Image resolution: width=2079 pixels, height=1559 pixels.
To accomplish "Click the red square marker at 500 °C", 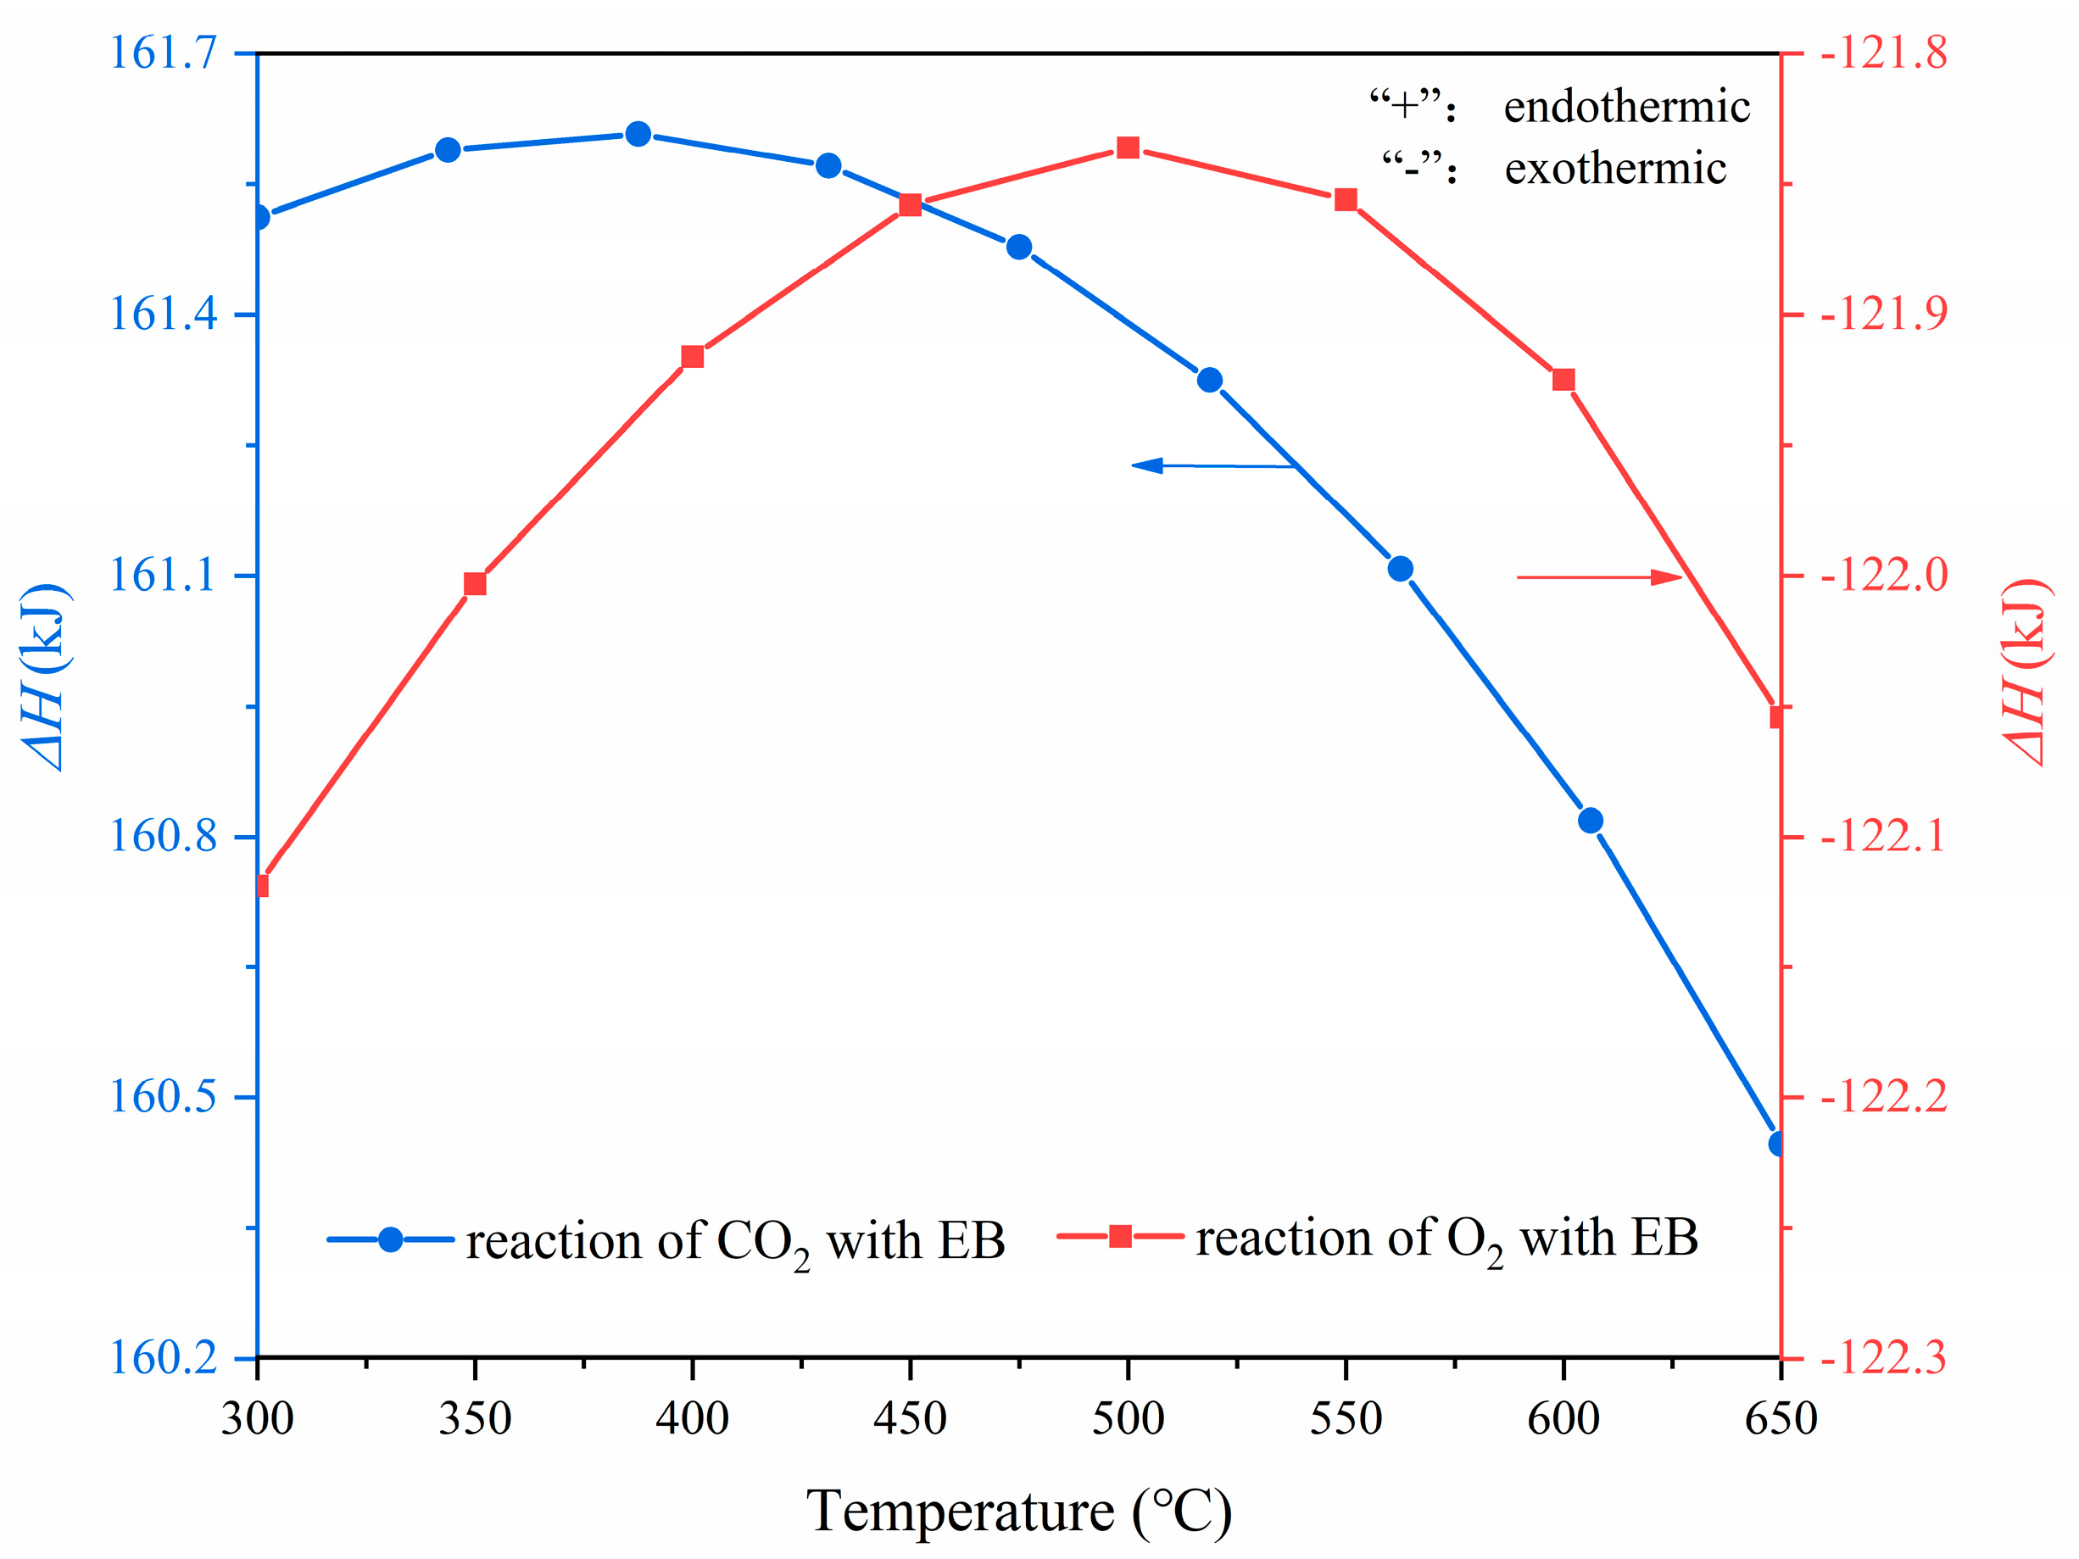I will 1128,148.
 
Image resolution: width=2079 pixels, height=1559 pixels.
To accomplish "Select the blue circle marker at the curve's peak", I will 638,135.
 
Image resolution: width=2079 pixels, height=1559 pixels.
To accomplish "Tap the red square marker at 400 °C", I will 693,357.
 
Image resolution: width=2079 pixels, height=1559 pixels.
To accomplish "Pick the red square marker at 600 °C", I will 1563,380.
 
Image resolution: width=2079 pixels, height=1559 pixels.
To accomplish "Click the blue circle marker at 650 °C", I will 1776,1144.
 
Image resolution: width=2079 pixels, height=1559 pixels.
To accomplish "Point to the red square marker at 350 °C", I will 476,584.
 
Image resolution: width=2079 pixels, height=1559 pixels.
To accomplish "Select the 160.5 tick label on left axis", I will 164,1097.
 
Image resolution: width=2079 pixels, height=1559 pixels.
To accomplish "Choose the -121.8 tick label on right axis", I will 1883,53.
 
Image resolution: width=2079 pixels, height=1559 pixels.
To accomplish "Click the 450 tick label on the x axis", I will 910,1418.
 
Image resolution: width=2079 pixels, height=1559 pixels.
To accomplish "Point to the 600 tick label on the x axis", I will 1563,1418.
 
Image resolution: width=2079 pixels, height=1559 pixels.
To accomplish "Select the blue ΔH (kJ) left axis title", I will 45,676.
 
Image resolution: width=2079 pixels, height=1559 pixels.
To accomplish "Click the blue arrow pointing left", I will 1212,465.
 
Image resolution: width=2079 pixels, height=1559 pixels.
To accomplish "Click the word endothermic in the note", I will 1626,106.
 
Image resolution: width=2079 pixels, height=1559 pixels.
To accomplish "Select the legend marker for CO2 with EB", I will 391,1239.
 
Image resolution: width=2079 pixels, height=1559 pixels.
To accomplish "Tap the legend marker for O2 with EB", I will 1120,1236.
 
